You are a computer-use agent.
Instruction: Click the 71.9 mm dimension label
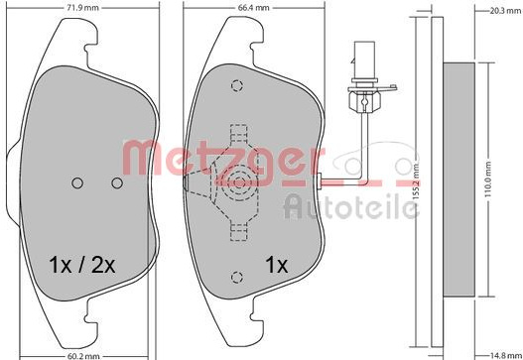(x=83, y=7)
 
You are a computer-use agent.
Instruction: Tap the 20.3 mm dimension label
(x=505, y=11)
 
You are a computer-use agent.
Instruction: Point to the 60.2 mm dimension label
(x=83, y=356)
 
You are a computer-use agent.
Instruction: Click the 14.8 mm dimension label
(x=505, y=356)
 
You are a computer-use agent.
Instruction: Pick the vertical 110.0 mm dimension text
(x=488, y=179)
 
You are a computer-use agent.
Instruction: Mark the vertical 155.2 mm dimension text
(x=415, y=181)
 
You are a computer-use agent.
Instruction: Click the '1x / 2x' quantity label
(x=82, y=265)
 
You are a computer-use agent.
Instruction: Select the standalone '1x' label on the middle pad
(x=276, y=265)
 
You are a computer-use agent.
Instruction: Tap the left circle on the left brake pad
(x=77, y=182)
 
